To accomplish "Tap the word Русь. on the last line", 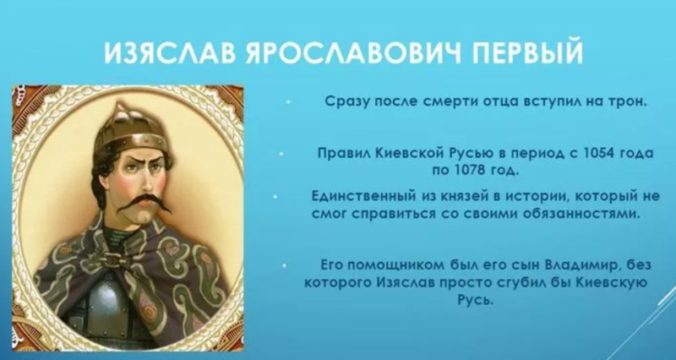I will (x=476, y=299).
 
